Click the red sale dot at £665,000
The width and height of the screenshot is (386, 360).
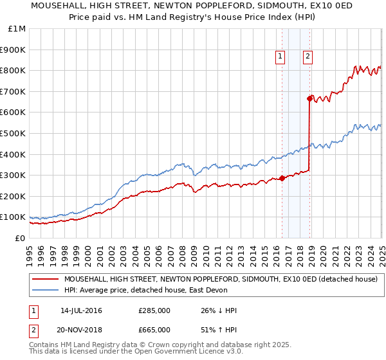pos(309,98)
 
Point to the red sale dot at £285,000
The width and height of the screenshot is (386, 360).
pos(282,178)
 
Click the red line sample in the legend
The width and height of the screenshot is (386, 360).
pos(46,280)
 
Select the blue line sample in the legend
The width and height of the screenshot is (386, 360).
pos(46,291)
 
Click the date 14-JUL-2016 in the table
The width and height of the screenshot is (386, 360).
pos(81,310)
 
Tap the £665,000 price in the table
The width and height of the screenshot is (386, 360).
pos(154,331)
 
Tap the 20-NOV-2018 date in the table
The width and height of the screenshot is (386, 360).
pos(82,331)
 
